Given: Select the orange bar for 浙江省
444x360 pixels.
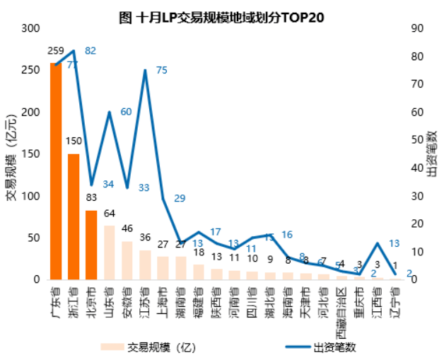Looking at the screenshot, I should tap(74, 216).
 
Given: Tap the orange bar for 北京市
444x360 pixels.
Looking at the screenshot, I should tap(91, 245).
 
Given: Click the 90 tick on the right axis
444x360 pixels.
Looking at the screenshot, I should tap(417, 28).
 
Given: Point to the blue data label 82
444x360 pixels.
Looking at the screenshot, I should tap(90, 51).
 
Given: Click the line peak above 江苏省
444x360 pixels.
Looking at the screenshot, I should tap(145, 70).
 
